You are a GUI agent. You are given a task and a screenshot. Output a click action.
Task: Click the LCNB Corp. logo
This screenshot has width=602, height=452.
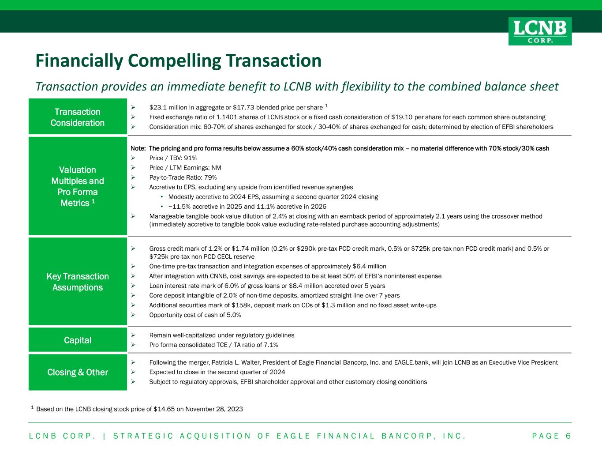click(x=540, y=31)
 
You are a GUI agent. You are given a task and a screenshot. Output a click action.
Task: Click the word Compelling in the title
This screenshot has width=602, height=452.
click(x=174, y=61)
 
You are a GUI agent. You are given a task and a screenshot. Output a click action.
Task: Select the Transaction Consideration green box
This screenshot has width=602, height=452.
click(x=78, y=117)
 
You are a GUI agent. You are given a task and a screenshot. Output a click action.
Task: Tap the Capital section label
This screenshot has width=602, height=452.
click(x=78, y=340)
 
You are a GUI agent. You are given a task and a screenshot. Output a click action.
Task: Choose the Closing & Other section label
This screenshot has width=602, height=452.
click(x=78, y=372)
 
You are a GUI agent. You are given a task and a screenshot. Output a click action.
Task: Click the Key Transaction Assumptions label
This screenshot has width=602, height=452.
click(x=78, y=282)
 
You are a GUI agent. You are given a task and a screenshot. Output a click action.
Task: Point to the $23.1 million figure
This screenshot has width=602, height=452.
click(x=166, y=108)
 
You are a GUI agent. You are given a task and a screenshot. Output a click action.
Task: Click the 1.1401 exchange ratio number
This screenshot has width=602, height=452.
click(x=226, y=117)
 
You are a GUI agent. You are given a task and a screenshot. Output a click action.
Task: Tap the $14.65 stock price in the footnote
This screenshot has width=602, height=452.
click(x=164, y=409)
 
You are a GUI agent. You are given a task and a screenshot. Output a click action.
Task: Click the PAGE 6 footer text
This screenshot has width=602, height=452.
click(x=552, y=436)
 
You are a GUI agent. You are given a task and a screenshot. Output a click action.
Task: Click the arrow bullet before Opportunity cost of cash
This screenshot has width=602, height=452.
click(x=133, y=315)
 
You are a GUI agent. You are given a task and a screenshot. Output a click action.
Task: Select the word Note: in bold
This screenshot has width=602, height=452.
click(x=138, y=148)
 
